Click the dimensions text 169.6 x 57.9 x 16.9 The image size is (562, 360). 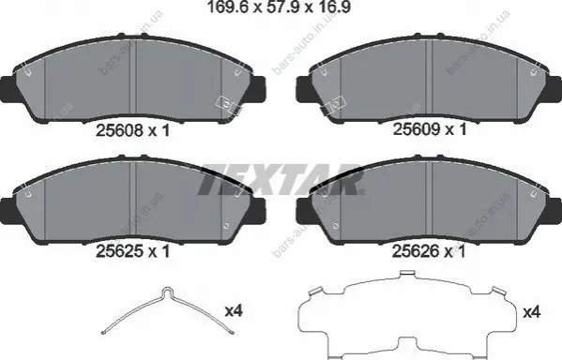279,7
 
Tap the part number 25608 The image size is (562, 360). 120,130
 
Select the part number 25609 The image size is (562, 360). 417,129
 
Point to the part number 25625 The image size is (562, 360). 120,251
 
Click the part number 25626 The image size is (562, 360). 416,251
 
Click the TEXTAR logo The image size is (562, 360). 281,179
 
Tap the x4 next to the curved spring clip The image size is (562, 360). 234,310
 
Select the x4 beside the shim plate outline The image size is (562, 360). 532,312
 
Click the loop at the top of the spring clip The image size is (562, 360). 167,291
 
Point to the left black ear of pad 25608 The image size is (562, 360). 8,88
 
